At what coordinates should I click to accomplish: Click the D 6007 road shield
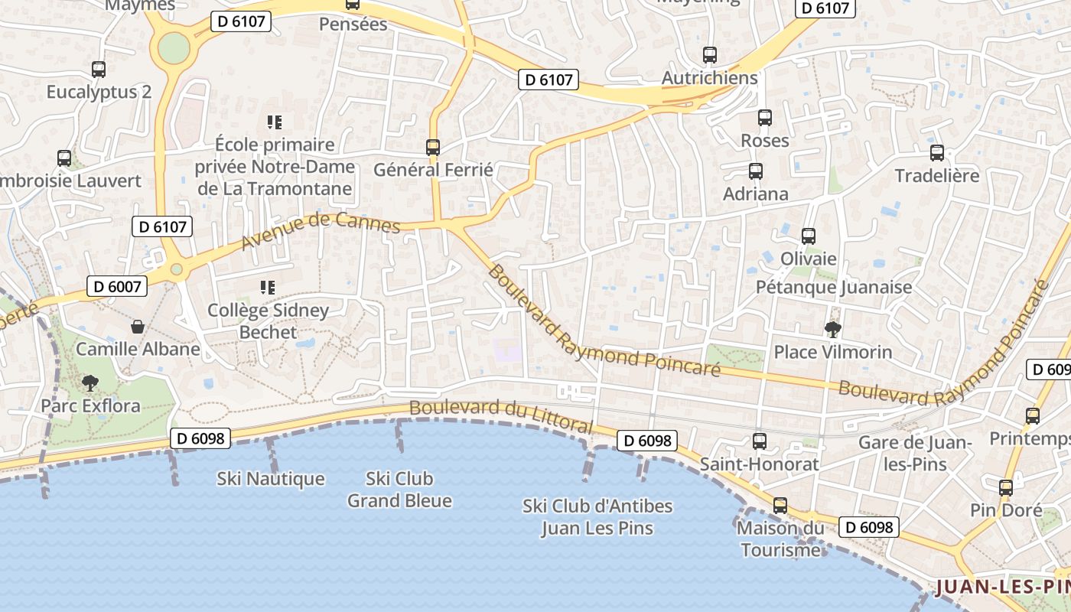pos(117,286)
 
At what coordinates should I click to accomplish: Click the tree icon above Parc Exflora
pos(90,382)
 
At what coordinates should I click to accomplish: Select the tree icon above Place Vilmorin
pos(832,329)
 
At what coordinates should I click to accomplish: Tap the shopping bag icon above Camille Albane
pos(138,327)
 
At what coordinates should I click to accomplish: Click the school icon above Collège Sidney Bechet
pos(268,288)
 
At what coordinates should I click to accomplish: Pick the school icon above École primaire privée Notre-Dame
pos(274,122)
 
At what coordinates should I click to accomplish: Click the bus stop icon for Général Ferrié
pos(433,147)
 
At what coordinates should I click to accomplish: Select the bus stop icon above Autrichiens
pos(710,55)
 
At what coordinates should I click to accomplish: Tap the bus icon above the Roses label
pos(764,118)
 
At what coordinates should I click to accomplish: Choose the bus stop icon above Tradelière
pos(936,153)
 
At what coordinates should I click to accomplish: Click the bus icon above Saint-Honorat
pos(759,441)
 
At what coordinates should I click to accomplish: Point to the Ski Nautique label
pos(271,479)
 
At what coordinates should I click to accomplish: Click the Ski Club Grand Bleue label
pos(399,490)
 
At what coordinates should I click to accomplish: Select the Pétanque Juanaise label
pos(834,287)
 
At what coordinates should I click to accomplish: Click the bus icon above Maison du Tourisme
pos(780,506)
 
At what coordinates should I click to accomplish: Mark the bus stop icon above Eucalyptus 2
pos(99,70)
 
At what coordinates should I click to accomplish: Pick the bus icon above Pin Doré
pos(1005,488)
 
